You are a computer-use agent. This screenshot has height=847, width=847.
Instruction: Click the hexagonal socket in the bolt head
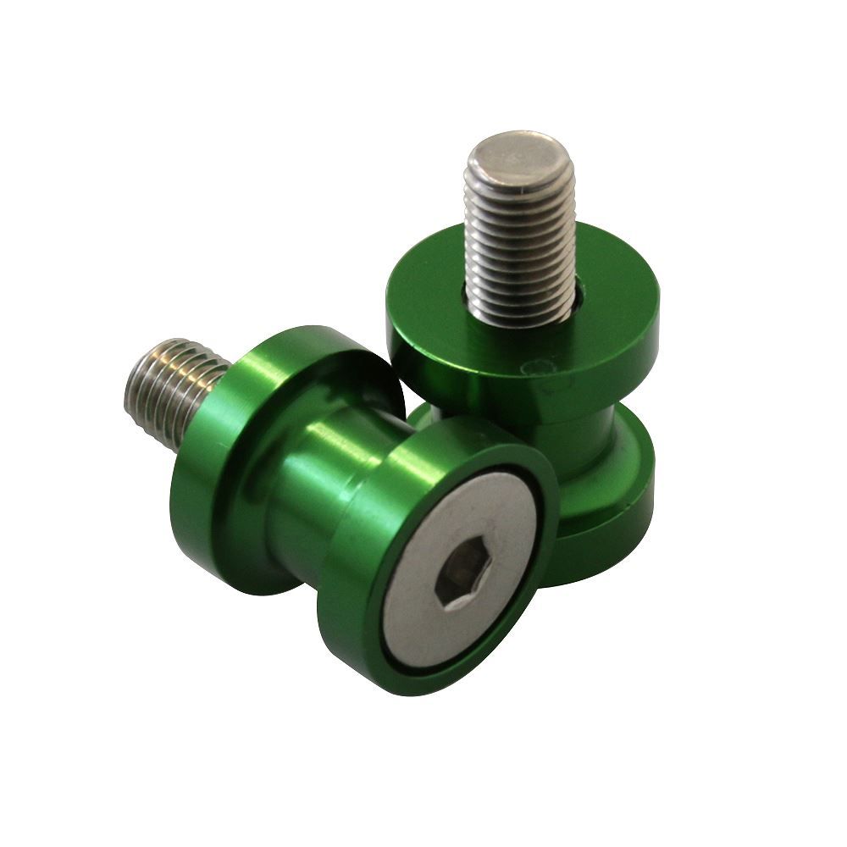pyautogui.click(x=453, y=579)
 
